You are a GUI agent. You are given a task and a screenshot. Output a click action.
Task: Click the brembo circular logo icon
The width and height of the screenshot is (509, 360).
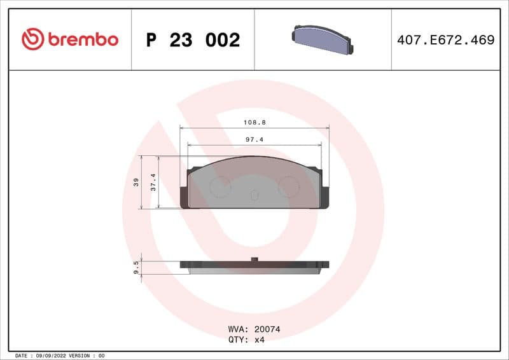32,39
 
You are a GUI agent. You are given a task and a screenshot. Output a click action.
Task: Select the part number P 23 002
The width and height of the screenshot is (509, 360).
193,40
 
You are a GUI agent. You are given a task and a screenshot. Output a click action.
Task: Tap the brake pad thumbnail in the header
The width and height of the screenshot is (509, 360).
323,39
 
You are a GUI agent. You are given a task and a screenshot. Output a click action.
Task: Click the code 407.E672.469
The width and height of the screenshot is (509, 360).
445,40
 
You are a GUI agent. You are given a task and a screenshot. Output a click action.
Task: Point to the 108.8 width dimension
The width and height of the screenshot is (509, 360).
254,121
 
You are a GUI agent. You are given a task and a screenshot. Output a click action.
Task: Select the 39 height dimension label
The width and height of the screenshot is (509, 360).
136,183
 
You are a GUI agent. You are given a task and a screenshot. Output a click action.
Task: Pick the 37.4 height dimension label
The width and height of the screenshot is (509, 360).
153,183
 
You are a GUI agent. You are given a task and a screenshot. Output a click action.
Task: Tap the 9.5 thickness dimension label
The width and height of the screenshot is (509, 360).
136,267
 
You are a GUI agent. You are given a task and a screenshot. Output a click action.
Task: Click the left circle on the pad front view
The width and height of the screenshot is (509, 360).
220,186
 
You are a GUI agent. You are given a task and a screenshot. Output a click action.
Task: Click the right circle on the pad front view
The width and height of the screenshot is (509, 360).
289,186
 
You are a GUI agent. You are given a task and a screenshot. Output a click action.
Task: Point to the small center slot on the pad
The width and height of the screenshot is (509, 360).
254,196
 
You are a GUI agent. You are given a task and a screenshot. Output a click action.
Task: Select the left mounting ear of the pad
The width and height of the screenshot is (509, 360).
185,196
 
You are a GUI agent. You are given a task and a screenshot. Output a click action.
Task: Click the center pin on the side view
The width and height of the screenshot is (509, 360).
254,259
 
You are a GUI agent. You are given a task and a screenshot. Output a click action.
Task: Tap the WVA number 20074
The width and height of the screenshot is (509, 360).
267,329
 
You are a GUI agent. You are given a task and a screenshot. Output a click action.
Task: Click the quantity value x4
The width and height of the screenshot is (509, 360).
260,340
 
